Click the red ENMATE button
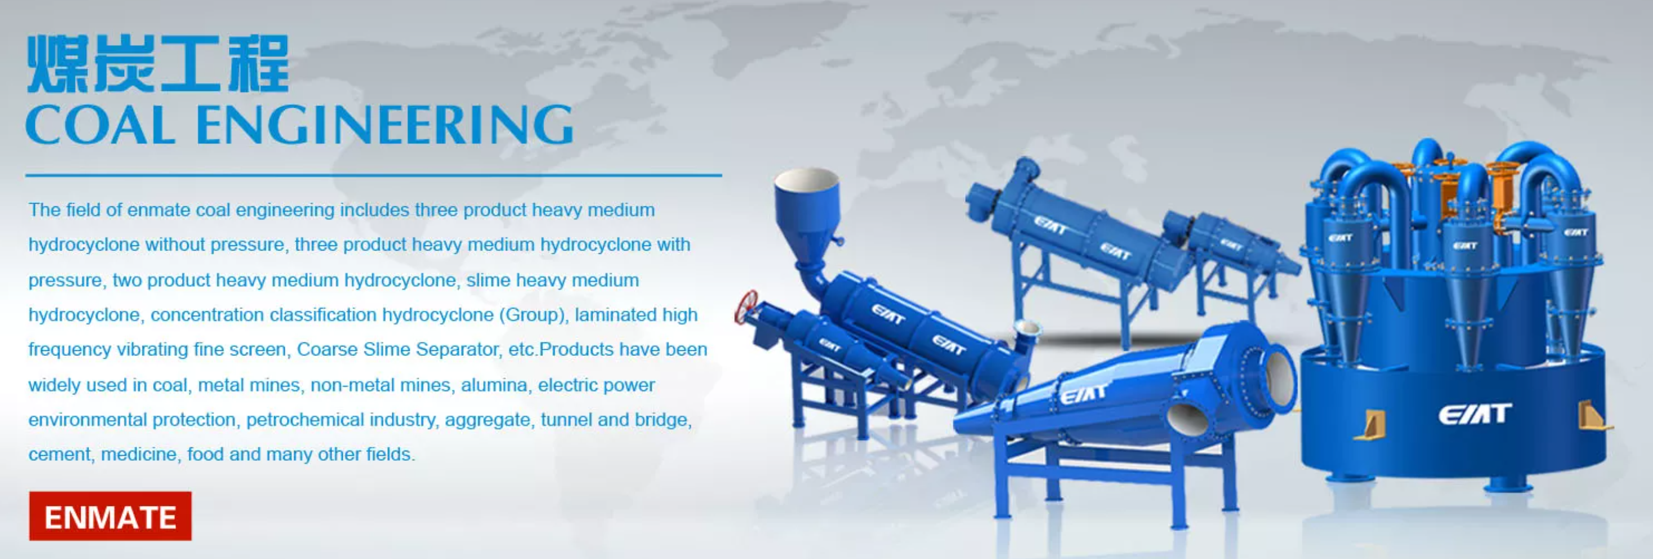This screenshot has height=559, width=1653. coord(111,516)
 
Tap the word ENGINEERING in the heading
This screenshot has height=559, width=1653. coord(384,125)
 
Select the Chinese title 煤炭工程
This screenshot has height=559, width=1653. coord(158,64)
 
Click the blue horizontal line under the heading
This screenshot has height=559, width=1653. coord(373,174)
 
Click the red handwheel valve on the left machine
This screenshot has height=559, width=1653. coord(746,307)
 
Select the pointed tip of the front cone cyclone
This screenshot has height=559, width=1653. coord(957,424)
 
